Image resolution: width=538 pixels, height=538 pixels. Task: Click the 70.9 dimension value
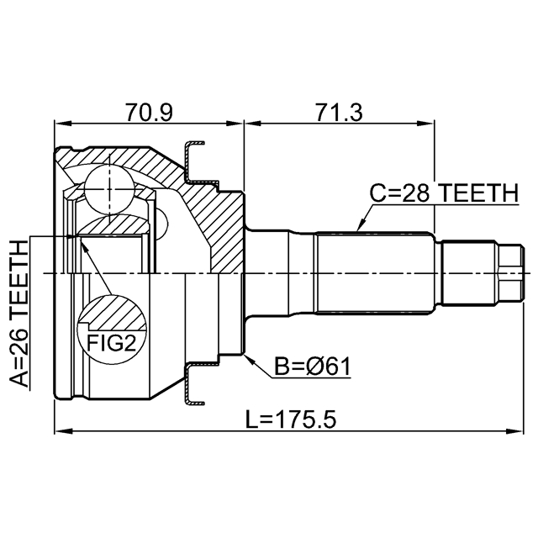149,112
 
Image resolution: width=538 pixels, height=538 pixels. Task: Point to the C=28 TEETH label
443,193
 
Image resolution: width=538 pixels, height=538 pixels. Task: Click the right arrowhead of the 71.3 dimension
430,124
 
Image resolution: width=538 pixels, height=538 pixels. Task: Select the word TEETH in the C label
475,193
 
